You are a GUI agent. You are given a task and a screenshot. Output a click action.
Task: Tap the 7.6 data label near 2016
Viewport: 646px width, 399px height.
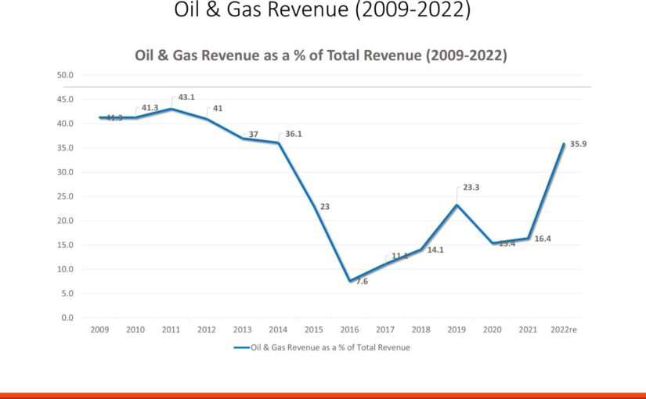coord(362,281)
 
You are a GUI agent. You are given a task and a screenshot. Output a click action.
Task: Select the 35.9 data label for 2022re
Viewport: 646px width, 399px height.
coord(578,144)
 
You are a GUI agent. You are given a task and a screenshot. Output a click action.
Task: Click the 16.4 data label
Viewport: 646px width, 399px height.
coord(543,238)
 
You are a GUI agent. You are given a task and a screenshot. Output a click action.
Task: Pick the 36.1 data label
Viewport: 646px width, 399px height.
coord(294,134)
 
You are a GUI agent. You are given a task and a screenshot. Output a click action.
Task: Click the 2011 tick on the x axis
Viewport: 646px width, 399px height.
coord(172,330)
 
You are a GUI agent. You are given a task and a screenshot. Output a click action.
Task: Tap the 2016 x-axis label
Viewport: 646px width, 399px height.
coord(350,330)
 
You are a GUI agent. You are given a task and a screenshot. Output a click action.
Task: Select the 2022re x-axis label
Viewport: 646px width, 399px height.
coord(563,330)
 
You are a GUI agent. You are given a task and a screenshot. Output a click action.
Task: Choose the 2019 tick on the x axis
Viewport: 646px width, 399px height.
coord(457,330)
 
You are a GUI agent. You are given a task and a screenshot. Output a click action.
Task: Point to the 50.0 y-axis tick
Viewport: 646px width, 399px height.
coord(65,75)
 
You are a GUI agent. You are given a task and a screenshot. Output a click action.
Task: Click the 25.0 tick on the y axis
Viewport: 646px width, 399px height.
coord(65,196)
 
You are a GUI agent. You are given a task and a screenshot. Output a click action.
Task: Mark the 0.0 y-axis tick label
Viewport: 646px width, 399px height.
coord(67,318)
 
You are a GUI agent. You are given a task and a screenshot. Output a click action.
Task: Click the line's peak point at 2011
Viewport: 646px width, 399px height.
coord(172,109)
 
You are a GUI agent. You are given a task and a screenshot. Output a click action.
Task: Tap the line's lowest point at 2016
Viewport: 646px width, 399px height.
coord(350,281)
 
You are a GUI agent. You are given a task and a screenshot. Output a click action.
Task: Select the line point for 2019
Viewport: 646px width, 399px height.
coord(457,205)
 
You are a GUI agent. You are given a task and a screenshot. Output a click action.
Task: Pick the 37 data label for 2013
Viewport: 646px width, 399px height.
coord(254,134)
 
